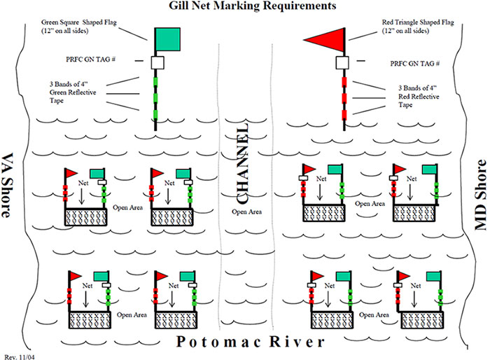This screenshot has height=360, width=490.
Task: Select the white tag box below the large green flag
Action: tap(157, 63)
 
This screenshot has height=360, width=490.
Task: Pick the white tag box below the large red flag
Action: tap(342, 63)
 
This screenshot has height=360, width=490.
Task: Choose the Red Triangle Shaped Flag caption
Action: tap(418, 27)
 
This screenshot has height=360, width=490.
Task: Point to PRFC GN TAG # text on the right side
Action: tap(414, 63)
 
